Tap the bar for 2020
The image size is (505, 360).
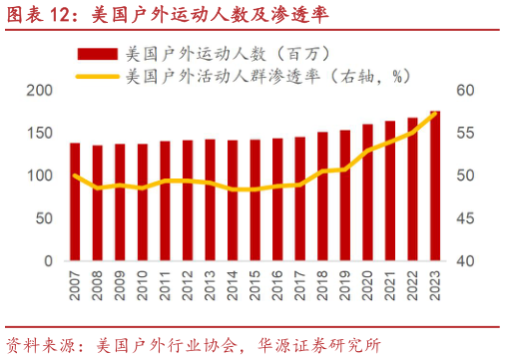(x=367, y=192)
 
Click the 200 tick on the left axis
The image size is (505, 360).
(x=39, y=91)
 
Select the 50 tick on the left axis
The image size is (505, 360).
(x=43, y=218)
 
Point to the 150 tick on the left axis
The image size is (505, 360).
(x=39, y=134)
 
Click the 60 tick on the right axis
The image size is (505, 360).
(x=465, y=91)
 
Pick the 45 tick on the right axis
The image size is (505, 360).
(x=465, y=218)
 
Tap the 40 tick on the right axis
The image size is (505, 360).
(x=465, y=261)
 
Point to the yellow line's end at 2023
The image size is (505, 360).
(x=435, y=113)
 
